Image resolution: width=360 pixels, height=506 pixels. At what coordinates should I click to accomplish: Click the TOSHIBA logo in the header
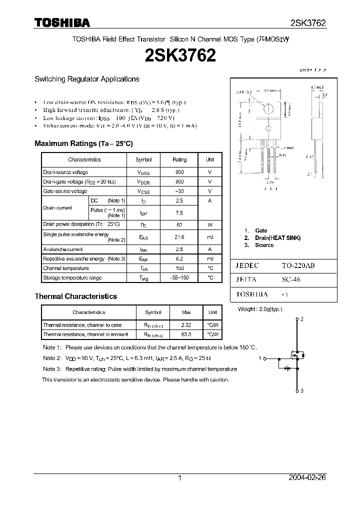pyautogui.click(x=62, y=22)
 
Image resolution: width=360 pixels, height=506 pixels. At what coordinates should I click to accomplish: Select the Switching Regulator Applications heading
pyautogui.click(x=86, y=79)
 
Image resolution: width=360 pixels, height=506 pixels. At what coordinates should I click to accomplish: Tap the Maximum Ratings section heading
pyautogui.click(x=83, y=143)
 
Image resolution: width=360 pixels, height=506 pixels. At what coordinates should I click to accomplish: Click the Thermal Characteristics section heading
pyautogui.click(x=75, y=296)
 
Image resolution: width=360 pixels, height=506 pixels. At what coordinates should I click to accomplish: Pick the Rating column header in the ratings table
pyautogui.click(x=179, y=159)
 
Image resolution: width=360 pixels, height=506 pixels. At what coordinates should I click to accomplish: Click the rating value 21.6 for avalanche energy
pyautogui.click(x=179, y=237)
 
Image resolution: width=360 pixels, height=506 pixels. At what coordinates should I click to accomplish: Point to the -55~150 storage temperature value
pyautogui.click(x=179, y=277)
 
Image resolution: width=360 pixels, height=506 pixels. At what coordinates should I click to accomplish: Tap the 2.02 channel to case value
pyautogui.click(x=186, y=325)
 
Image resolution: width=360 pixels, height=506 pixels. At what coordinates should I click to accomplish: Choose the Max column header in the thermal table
pyautogui.click(x=186, y=312)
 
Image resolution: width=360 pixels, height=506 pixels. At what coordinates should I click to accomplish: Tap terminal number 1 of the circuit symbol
pyautogui.click(x=260, y=358)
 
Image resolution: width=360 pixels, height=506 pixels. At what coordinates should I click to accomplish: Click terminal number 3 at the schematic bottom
pyautogui.click(x=302, y=390)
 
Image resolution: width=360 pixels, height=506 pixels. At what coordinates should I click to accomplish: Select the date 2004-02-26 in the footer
pyautogui.click(x=307, y=478)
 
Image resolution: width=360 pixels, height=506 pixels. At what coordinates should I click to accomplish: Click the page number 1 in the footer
pyautogui.click(x=179, y=478)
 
